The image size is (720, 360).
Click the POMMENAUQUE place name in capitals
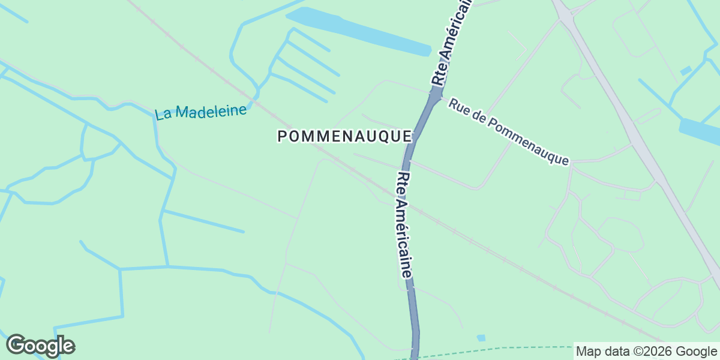[x=344, y=137]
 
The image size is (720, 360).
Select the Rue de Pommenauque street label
[x=508, y=132]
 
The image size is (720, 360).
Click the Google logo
[x=40, y=346]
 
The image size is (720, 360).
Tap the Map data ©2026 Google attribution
[x=646, y=351]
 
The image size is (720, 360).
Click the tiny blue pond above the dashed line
[x=481, y=338]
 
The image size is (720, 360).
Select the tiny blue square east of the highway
[x=685, y=71]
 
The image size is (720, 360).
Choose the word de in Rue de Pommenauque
[x=478, y=116]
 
